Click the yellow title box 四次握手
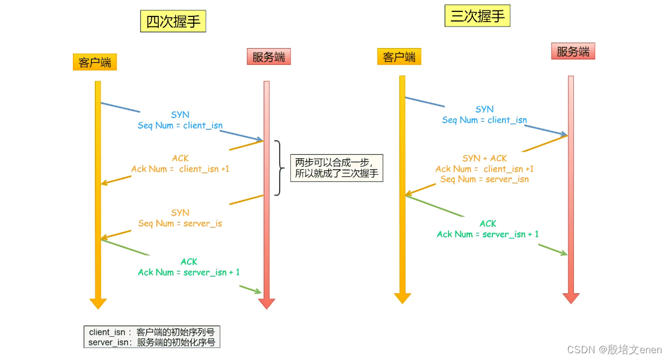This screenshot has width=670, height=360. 173,21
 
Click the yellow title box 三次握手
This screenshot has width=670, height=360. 477,16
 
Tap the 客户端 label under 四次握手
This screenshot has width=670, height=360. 95,62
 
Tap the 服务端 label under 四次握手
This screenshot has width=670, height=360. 268,57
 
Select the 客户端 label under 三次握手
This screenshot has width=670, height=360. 399,57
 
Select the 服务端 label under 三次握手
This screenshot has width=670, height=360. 573,52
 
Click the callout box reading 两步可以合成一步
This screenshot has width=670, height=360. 337,168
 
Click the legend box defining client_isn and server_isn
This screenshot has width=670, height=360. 152,337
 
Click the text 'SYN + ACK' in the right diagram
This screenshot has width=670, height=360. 485,158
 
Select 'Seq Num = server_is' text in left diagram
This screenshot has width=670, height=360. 180,223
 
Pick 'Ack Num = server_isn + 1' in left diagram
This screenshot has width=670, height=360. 189,272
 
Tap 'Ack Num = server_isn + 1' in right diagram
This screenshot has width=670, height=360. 488,234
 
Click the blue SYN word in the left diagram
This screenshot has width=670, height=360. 180,115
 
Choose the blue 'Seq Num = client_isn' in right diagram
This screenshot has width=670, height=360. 484,120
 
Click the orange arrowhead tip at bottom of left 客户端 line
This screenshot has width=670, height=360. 98,304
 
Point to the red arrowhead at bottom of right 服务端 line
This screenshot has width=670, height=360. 571,298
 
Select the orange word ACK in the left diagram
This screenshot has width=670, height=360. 180,158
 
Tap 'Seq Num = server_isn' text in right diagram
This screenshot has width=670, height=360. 484,179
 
